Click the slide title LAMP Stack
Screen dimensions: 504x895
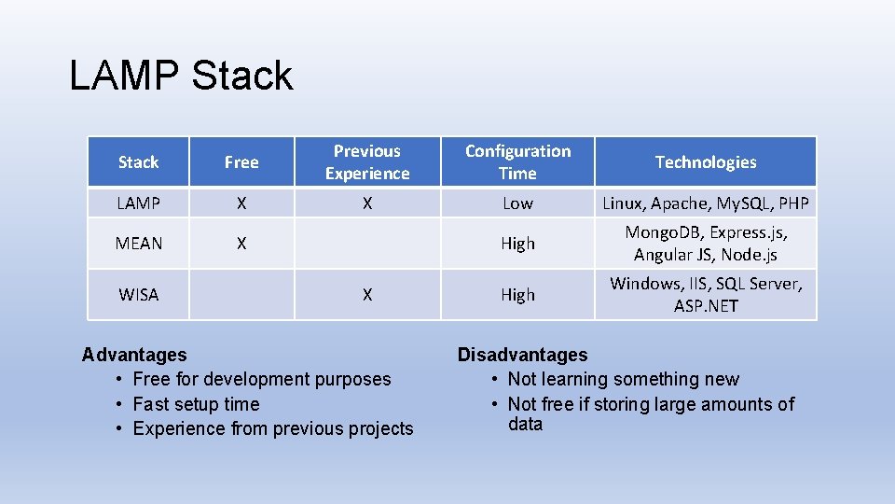point(181,76)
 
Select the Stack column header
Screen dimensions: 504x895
point(138,162)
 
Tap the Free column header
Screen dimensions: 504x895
point(241,162)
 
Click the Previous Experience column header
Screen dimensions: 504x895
point(367,162)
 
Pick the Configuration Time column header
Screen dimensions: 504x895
point(517,162)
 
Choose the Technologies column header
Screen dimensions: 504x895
point(706,162)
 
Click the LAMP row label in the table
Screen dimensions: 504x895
point(138,203)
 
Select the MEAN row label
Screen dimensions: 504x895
point(138,244)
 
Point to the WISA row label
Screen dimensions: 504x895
point(138,295)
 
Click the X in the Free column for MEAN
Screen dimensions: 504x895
point(241,244)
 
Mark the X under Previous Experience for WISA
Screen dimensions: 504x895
point(367,295)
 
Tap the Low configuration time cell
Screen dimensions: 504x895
point(517,203)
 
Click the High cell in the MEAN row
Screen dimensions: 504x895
point(517,244)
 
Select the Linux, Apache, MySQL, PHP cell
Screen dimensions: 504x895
point(706,203)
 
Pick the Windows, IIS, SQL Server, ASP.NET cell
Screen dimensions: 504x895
point(706,295)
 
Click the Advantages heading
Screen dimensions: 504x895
point(134,355)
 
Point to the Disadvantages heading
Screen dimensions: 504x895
point(522,355)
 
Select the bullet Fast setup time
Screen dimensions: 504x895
point(196,404)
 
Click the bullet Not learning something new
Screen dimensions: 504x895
point(623,379)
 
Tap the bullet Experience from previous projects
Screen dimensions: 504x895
point(272,428)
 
